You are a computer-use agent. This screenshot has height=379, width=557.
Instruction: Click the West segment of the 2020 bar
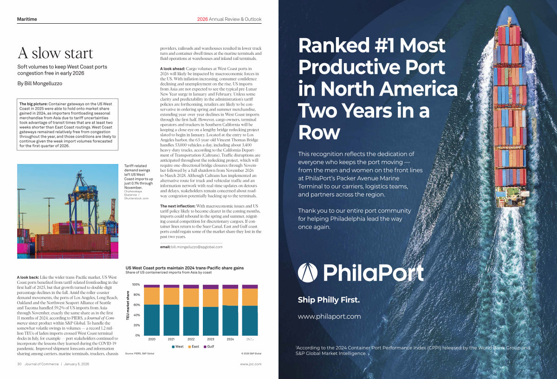(152, 320)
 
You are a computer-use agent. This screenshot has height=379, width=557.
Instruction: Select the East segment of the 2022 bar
(191, 297)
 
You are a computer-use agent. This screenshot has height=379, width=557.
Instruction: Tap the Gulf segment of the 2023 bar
(211, 287)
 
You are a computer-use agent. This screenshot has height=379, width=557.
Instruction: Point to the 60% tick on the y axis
(136, 305)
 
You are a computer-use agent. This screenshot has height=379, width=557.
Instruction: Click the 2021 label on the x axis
(171, 339)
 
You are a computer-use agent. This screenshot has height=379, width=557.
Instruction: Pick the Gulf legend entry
(208, 346)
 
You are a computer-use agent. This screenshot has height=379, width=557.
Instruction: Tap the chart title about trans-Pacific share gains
(185, 268)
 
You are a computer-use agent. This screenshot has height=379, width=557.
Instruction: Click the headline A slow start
(55, 53)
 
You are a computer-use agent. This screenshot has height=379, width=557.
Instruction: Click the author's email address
(197, 247)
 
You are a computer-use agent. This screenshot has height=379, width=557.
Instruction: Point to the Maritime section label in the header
(27, 19)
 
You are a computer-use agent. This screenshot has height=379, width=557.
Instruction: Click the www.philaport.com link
(329, 316)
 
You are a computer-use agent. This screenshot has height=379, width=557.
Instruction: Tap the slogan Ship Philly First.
(329, 300)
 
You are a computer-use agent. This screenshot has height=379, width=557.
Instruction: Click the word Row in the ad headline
(319, 132)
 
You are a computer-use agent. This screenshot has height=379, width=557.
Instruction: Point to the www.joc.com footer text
(251, 364)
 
